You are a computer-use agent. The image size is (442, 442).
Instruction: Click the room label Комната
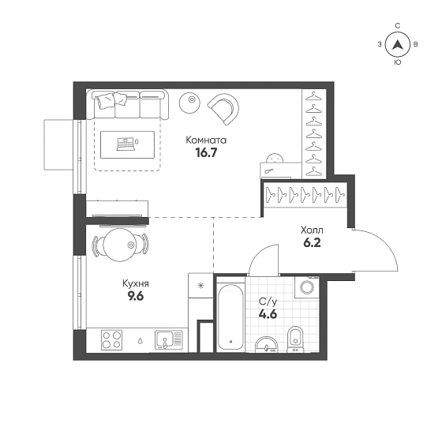[x=206, y=140]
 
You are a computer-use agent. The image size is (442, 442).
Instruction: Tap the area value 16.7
[x=206, y=153]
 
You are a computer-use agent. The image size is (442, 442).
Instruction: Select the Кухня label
[x=136, y=283]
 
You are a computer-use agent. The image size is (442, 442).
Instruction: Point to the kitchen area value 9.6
[x=136, y=296]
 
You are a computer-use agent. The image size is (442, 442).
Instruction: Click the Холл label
[x=312, y=230]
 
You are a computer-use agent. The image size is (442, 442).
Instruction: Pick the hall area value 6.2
[x=312, y=243]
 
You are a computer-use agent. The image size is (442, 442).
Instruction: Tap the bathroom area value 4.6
[x=268, y=314]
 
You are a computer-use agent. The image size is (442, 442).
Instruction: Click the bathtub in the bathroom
[x=230, y=317]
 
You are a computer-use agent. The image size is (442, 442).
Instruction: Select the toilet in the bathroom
[x=295, y=339]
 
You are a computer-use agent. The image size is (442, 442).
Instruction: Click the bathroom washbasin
[x=267, y=345]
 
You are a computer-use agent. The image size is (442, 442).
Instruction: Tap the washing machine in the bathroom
[x=307, y=287]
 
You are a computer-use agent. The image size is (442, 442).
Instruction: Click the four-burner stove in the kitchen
[x=111, y=339]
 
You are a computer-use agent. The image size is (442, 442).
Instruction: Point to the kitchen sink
[x=168, y=339]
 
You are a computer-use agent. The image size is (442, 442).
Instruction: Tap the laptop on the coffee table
[x=125, y=144]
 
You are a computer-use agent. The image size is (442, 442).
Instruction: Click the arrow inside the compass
[x=398, y=44]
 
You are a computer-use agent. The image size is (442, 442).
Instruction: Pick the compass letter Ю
[x=398, y=62]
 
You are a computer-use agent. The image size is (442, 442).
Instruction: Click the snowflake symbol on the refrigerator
[x=200, y=286]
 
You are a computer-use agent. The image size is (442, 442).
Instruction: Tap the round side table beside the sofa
[x=189, y=103]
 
